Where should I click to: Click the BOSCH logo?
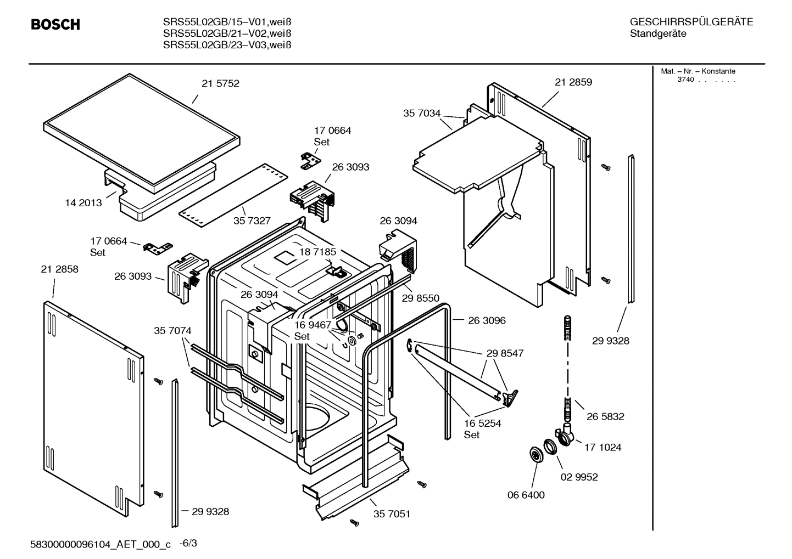55,25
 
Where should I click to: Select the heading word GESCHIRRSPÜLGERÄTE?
691,22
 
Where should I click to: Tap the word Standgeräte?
657,34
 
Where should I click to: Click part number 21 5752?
220,84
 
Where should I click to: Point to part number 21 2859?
573,82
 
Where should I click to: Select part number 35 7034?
422,114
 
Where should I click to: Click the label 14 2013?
83,203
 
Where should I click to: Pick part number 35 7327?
252,221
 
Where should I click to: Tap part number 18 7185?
317,252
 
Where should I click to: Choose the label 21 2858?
59,269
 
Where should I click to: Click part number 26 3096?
487,320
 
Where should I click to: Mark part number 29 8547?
505,353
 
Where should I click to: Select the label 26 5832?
605,416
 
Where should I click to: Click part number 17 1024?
603,447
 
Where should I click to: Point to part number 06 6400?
526,495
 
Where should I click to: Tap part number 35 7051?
392,514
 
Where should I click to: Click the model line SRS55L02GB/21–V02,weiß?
227,33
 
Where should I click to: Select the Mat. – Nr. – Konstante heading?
698,71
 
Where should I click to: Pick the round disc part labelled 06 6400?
534,454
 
